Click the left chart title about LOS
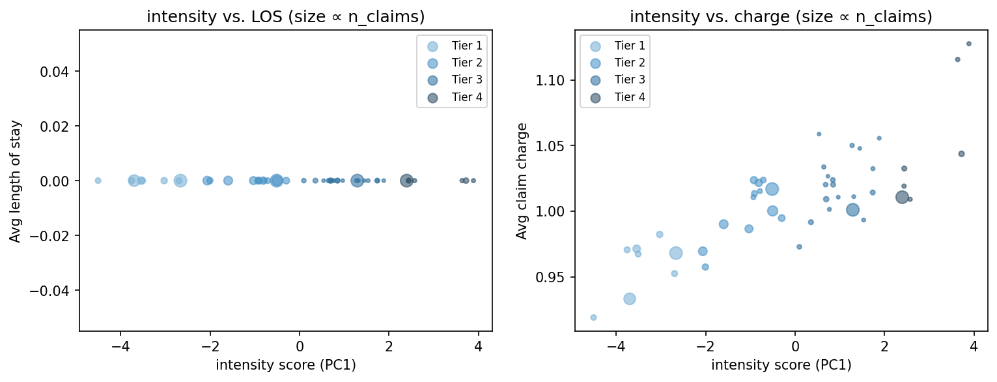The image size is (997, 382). [285, 17]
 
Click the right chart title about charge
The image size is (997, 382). [781, 17]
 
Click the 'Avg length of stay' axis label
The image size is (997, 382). [15, 181]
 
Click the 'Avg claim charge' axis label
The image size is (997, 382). [522, 181]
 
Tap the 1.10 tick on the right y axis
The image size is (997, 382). [554, 80]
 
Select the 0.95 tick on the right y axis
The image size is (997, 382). [554, 277]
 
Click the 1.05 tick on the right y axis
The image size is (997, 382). [554, 145]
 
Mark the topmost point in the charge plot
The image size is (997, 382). [968, 44]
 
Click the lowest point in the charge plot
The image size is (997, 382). [593, 317]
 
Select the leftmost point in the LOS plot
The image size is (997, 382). [98, 181]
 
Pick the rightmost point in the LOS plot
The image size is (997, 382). [473, 181]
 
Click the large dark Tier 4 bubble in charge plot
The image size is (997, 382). [902, 197]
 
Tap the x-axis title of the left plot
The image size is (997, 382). [285, 365]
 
